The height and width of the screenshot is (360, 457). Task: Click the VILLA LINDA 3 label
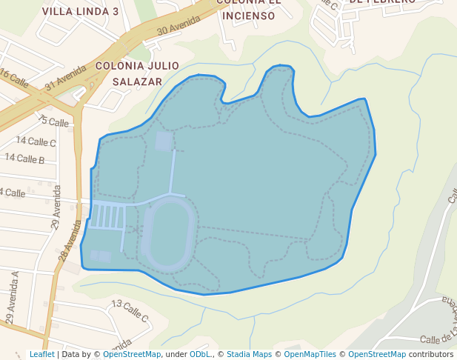pyautogui.click(x=80, y=12)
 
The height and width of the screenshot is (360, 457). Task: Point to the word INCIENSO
pyautogui.click(x=249, y=16)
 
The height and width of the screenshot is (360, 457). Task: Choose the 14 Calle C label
pyautogui.click(x=36, y=141)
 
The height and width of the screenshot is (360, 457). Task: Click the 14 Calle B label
pyautogui.click(x=24, y=159)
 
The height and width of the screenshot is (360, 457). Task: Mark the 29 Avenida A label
pyautogui.click(x=11, y=297)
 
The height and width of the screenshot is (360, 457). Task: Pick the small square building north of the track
pyautogui.click(x=164, y=140)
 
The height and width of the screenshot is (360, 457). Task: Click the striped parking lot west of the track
pyautogui.click(x=107, y=216)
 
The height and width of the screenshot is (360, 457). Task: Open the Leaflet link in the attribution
pyautogui.click(x=41, y=355)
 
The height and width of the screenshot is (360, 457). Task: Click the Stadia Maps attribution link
pyautogui.click(x=249, y=355)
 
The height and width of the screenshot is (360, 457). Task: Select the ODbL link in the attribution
pyautogui.click(x=199, y=355)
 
